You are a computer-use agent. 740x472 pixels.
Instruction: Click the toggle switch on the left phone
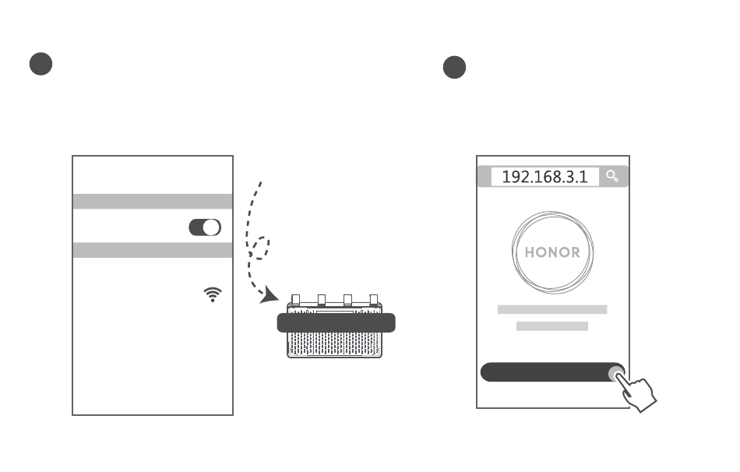[205, 227]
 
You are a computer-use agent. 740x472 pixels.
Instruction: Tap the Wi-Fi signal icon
[213, 294]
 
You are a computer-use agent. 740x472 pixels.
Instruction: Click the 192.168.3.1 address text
[544, 177]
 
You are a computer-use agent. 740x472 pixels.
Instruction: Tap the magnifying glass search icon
[612, 176]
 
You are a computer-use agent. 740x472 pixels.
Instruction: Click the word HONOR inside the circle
[552, 252]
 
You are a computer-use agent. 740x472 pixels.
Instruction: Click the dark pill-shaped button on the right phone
[552, 372]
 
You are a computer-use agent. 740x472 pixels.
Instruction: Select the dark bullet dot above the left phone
[41, 64]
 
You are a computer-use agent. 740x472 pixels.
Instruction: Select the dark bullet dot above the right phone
[454, 67]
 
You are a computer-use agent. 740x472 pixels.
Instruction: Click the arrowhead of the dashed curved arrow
[270, 295]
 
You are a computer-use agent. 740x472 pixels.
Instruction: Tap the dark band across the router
[336, 323]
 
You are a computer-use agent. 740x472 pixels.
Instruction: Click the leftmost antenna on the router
[296, 300]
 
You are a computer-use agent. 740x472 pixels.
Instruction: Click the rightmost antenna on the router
[374, 300]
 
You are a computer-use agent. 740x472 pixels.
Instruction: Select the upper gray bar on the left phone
[153, 201]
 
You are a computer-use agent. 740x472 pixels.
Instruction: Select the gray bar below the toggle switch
[153, 250]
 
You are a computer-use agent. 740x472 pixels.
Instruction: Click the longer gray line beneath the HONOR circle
[552, 310]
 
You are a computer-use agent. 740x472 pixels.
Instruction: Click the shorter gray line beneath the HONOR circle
[552, 326]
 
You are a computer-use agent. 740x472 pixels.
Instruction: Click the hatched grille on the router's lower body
[335, 344]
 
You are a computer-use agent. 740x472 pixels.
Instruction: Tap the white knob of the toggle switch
[211, 227]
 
